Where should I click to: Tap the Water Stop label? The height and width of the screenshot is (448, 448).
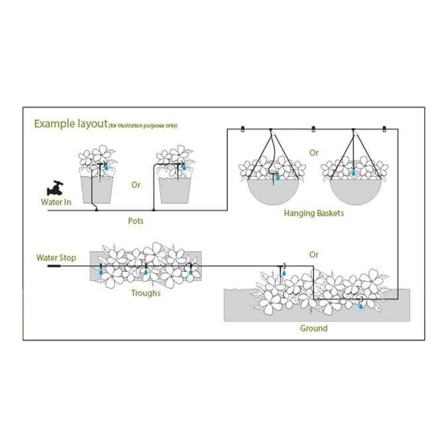click(x=56, y=257)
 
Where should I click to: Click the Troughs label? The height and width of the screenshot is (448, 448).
click(x=146, y=292)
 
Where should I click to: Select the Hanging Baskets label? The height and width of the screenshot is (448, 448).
click(x=313, y=213)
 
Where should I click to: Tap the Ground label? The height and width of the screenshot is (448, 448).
click(x=314, y=328)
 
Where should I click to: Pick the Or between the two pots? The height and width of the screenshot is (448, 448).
click(x=136, y=185)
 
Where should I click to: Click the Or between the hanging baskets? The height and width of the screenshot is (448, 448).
click(x=313, y=152)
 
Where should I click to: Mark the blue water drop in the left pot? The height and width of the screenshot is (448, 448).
click(x=106, y=168)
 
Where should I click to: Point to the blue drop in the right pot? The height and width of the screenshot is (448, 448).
click(x=184, y=168)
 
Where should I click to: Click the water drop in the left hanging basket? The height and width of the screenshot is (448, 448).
click(x=278, y=177)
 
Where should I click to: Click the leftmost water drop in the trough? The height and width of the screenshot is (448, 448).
click(x=100, y=272)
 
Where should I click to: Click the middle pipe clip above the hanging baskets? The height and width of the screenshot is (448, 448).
click(x=313, y=129)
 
